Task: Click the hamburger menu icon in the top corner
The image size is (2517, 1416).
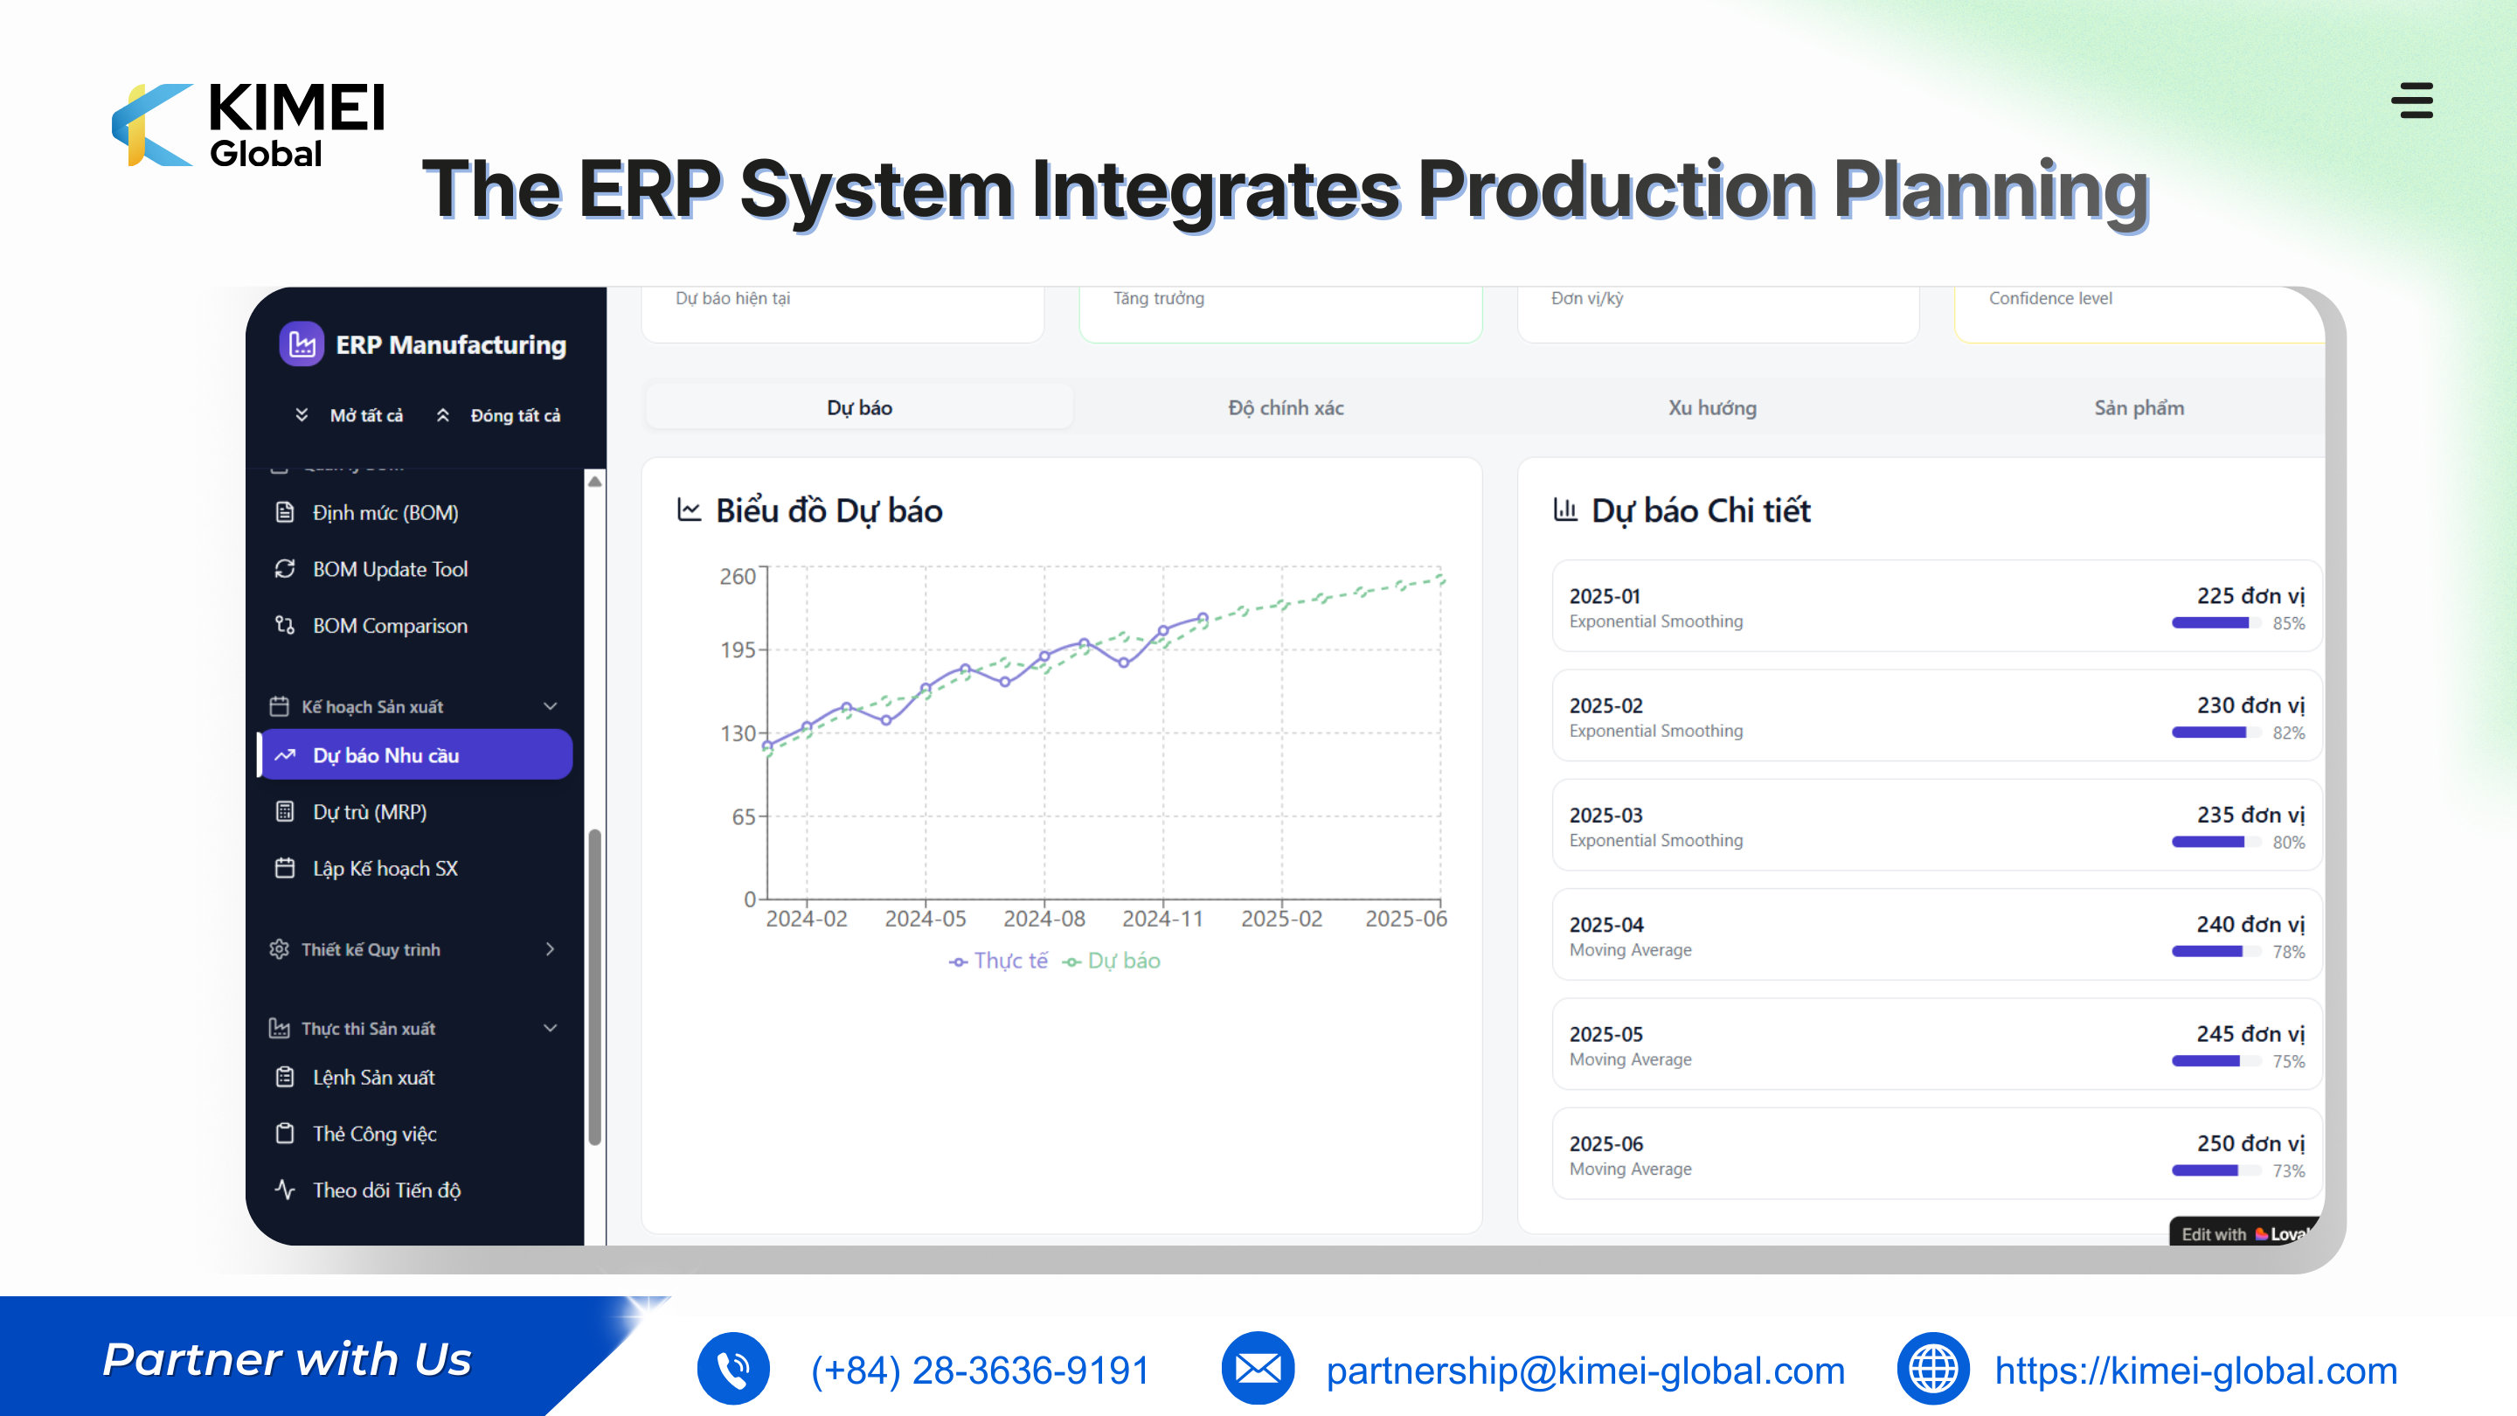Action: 2412,100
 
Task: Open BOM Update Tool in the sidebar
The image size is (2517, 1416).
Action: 390,569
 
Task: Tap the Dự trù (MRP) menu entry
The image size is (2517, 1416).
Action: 370,811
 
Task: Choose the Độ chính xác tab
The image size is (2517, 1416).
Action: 1286,407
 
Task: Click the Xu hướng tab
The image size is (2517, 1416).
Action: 1712,407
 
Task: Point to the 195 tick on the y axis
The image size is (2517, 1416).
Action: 738,649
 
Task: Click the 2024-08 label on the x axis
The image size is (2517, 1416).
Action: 1044,919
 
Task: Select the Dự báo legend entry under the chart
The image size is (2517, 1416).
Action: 1112,961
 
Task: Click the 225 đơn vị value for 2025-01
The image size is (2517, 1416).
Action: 2250,595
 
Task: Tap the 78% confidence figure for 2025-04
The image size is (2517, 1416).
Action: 2288,952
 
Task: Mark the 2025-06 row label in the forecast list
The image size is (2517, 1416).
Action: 1606,1143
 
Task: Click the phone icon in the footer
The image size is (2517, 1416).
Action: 733,1368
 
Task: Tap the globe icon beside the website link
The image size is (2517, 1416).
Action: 1932,1368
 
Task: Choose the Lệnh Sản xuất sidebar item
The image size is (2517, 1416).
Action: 373,1077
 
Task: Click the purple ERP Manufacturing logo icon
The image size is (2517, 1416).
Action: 302,344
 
